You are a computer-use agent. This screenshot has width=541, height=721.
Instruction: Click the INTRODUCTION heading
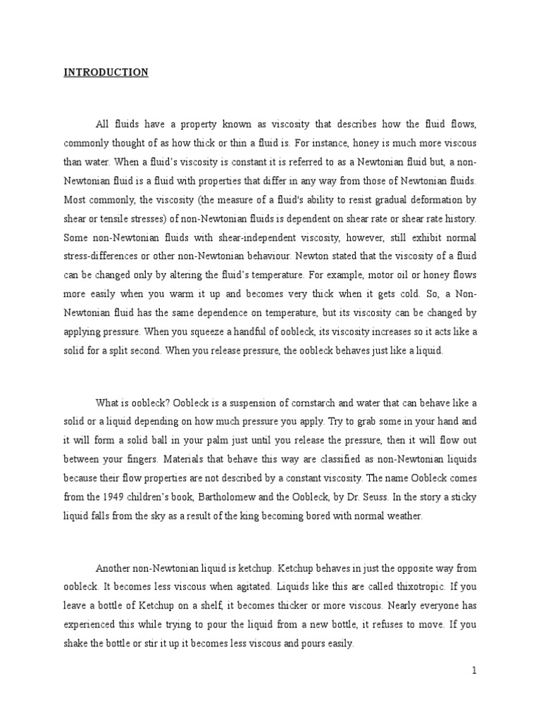(x=106, y=73)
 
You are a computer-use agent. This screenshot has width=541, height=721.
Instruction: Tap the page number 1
(x=475, y=671)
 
